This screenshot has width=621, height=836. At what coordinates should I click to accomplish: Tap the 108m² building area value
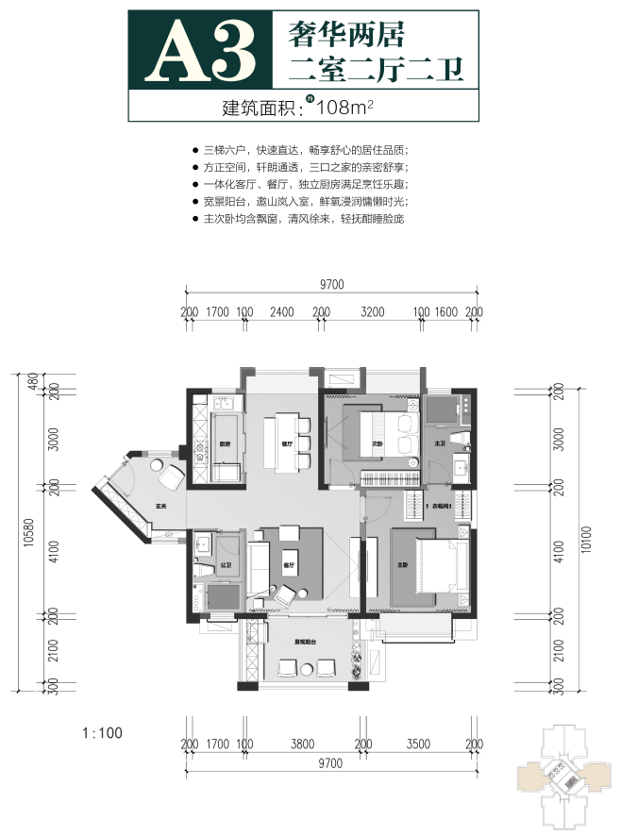pos(347,107)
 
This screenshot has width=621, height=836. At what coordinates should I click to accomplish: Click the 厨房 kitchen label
pos(227,443)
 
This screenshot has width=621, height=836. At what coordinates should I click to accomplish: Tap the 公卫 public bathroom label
pos(226,566)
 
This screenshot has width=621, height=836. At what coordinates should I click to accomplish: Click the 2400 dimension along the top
pos(282,310)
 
